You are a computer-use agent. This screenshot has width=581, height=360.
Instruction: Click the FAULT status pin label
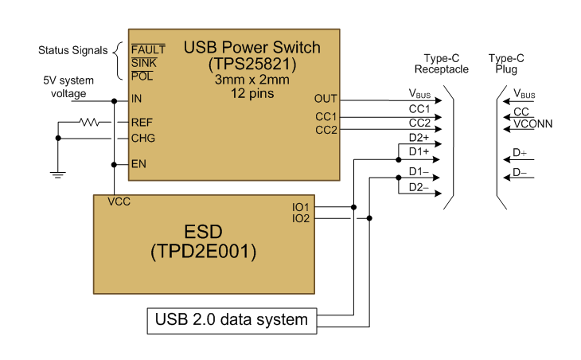148,49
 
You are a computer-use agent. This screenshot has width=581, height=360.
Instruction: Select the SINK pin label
144,62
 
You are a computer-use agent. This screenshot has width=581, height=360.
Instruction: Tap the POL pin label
142,76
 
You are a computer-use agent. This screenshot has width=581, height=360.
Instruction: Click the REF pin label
142,123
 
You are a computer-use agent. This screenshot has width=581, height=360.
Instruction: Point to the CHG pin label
143,138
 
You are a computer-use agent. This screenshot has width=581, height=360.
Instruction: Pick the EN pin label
138,164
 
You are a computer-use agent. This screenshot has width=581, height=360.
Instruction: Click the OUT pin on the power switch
326,100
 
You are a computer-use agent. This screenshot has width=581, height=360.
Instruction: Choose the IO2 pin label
302,217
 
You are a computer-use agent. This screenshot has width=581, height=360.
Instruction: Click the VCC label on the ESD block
119,202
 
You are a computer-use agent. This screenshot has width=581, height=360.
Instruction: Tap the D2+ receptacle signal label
419,138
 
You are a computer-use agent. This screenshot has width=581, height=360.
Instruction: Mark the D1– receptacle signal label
419,171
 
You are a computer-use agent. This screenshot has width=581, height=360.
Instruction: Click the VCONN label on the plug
532,123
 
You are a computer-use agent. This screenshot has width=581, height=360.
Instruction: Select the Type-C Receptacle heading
442,64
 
